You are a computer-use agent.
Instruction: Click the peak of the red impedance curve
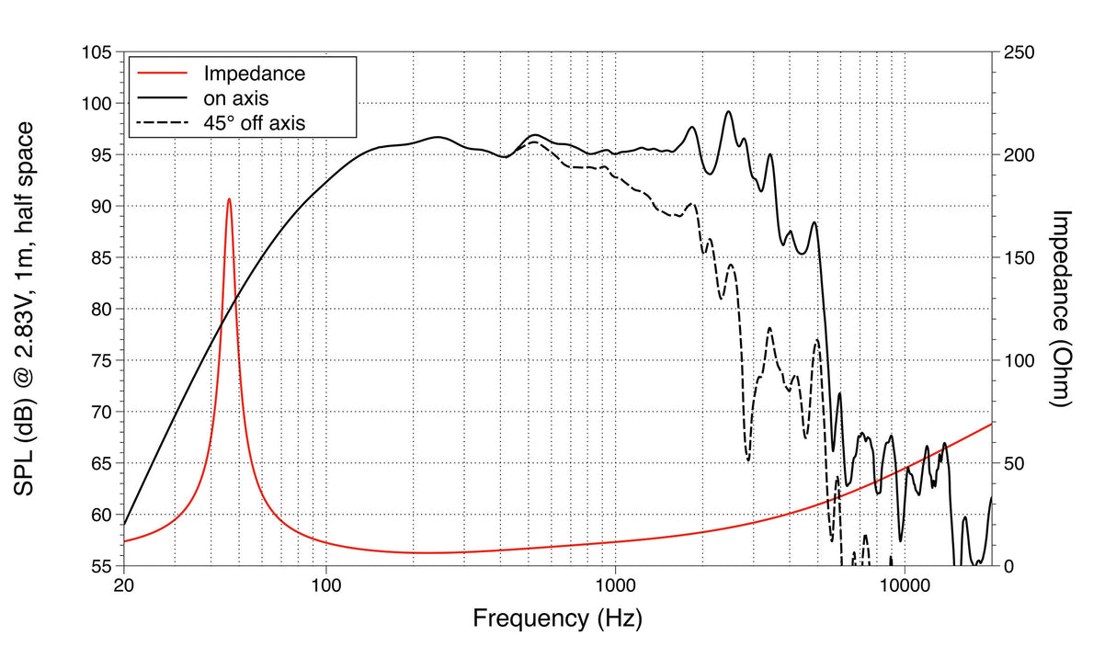click(229, 198)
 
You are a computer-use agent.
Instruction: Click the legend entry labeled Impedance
click(254, 74)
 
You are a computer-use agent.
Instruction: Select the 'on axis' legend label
click(235, 96)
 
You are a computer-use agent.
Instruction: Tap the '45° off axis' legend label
click(254, 120)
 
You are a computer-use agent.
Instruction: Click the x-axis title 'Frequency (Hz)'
click(557, 618)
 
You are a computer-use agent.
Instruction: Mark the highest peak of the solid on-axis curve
click(728, 111)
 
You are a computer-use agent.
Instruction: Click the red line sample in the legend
click(161, 74)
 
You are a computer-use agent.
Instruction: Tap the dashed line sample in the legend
click(161, 120)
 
